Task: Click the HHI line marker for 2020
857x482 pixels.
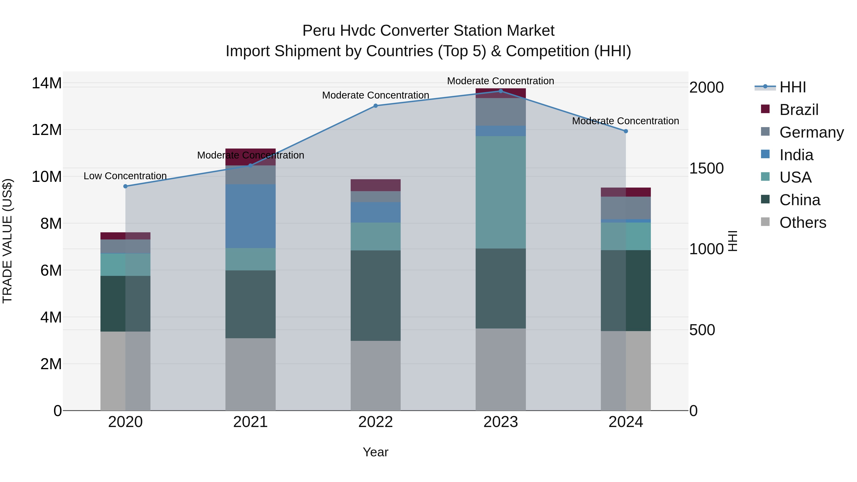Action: [x=125, y=186]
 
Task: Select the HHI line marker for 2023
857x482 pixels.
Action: [x=501, y=91]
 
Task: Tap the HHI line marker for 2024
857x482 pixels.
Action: [x=626, y=131]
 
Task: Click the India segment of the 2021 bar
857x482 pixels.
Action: [x=250, y=216]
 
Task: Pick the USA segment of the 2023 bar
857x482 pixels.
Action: [x=501, y=192]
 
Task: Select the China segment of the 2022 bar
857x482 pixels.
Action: [x=376, y=295]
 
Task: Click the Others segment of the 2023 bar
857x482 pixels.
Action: [x=501, y=369]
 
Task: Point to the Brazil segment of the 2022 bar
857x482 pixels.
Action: [x=376, y=185]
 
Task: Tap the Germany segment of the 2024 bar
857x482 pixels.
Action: [x=626, y=208]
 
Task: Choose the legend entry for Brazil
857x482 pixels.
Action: [x=798, y=110]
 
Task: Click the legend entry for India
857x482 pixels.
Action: [x=796, y=155]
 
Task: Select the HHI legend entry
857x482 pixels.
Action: [x=792, y=87]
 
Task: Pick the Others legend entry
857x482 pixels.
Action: [x=802, y=223]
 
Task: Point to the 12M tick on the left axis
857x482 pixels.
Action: [x=47, y=130]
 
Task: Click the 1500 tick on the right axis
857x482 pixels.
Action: [x=706, y=168]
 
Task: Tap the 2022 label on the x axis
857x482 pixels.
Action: [x=376, y=422]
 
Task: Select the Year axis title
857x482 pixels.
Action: [x=376, y=452]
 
